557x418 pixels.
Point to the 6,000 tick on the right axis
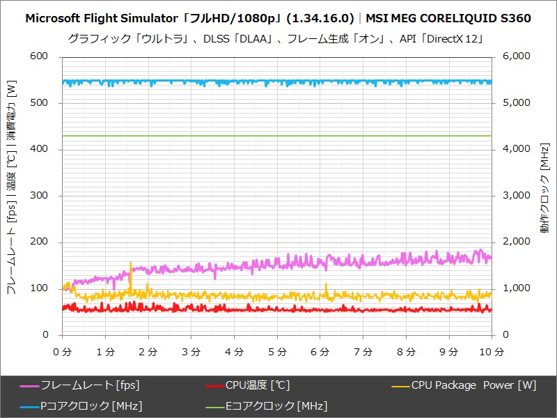pyautogui.click(x=517, y=56)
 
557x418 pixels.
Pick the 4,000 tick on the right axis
pyautogui.click(x=517, y=149)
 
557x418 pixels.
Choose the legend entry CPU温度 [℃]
pyautogui.click(x=257, y=385)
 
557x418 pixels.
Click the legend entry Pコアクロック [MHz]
pyautogui.click(x=91, y=405)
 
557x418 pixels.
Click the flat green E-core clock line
pyautogui.click(x=278, y=135)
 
